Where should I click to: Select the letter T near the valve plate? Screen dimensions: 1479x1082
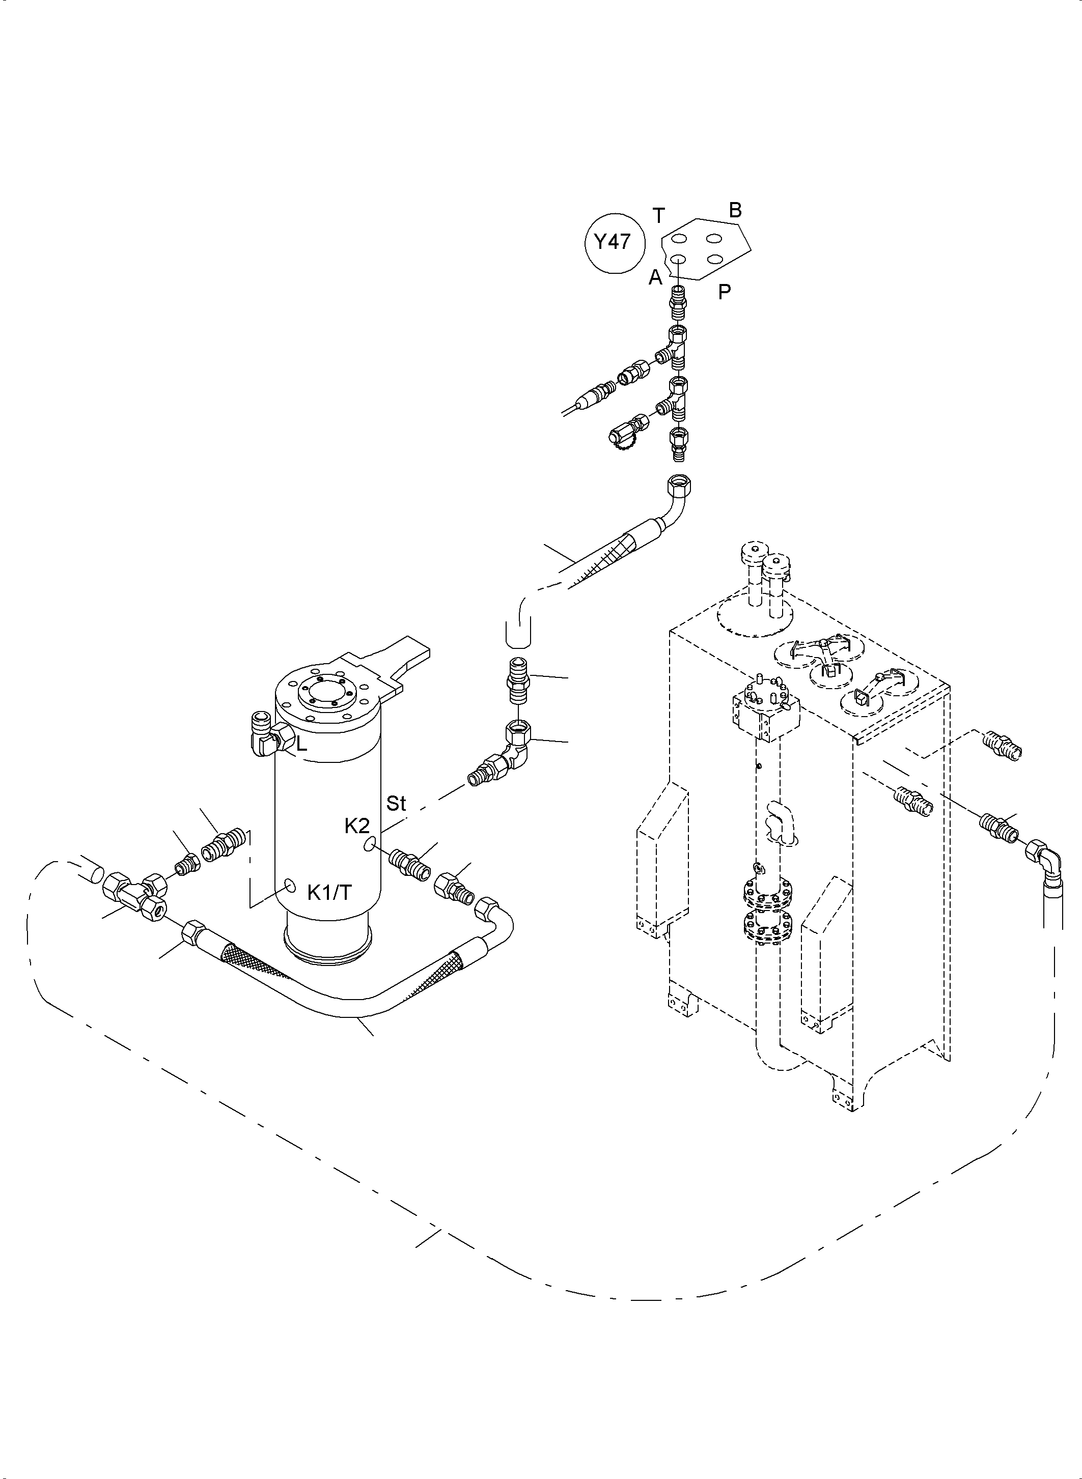click(x=659, y=215)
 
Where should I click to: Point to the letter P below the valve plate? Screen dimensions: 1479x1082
click(x=724, y=292)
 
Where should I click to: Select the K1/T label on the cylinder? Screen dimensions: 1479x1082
click(x=329, y=892)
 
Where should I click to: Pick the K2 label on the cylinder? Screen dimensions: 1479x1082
click(x=357, y=826)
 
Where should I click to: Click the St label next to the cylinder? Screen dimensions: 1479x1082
click(x=396, y=803)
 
